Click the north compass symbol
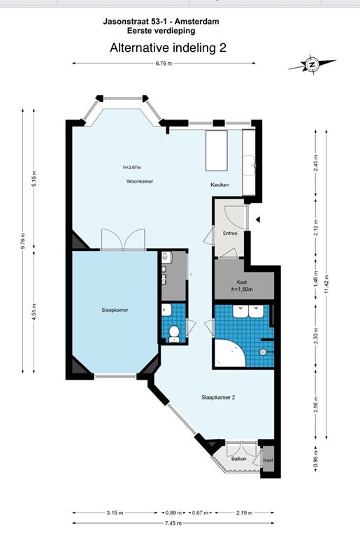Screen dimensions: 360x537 (x=312, y=64)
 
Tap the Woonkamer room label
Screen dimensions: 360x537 (x=140, y=182)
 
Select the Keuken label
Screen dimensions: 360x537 (x=220, y=185)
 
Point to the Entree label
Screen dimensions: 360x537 (x=230, y=234)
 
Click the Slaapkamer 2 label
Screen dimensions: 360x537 (x=218, y=398)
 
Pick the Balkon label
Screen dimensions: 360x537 (x=239, y=458)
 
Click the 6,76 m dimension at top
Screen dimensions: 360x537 (x=164, y=63)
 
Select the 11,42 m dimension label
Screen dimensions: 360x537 (x=326, y=284)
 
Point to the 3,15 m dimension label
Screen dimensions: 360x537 (x=115, y=513)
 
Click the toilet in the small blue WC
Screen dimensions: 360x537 (x=174, y=334)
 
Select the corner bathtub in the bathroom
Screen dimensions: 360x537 (x=229, y=352)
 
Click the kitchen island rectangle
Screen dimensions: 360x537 (x=217, y=150)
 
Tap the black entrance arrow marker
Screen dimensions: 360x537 (x=258, y=220)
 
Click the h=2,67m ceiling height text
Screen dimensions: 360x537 (x=132, y=168)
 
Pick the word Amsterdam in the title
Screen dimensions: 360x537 (x=197, y=22)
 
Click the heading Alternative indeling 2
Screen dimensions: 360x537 (x=168, y=48)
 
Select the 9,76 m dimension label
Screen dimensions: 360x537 (x=23, y=241)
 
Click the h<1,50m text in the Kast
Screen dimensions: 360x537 (x=243, y=289)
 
